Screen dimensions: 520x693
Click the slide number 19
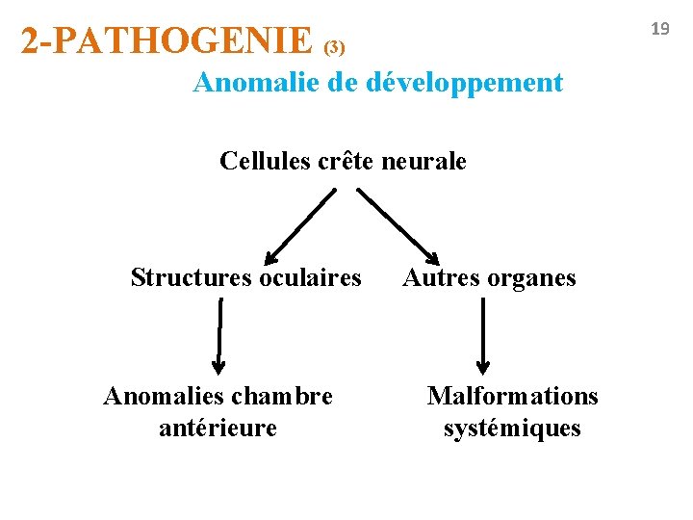click(x=659, y=29)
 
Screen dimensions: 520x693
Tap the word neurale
click(x=424, y=161)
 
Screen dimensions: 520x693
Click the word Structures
click(x=190, y=278)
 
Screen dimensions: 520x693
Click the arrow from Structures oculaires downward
click(x=220, y=335)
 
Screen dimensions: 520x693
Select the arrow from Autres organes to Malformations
click(x=483, y=335)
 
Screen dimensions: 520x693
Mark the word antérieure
click(x=218, y=427)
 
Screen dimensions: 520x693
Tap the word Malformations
click(x=512, y=396)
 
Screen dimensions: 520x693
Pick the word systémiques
click(x=512, y=428)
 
